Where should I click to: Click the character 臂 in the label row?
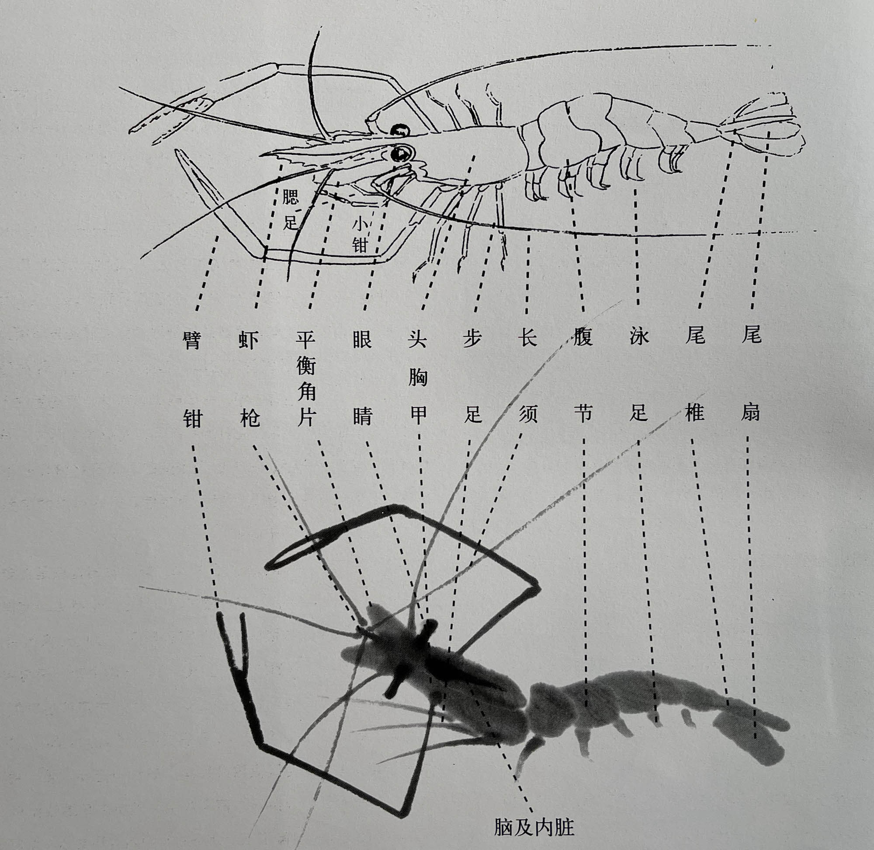click(x=193, y=340)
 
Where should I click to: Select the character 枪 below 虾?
click(x=249, y=418)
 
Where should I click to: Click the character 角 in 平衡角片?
click(x=306, y=392)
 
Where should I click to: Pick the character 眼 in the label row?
click(x=362, y=340)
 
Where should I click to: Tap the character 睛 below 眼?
click(x=362, y=416)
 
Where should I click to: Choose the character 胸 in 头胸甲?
click(x=418, y=378)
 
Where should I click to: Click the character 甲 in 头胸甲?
click(x=418, y=416)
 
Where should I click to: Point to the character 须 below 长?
click(x=528, y=414)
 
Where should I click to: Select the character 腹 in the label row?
click(x=583, y=337)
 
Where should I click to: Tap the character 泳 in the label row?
click(x=639, y=337)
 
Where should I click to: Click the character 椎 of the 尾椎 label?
click(x=694, y=413)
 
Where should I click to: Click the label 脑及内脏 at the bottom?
click(x=534, y=827)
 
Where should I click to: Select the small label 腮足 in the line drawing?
click(x=290, y=209)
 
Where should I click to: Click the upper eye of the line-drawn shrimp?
click(x=400, y=130)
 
